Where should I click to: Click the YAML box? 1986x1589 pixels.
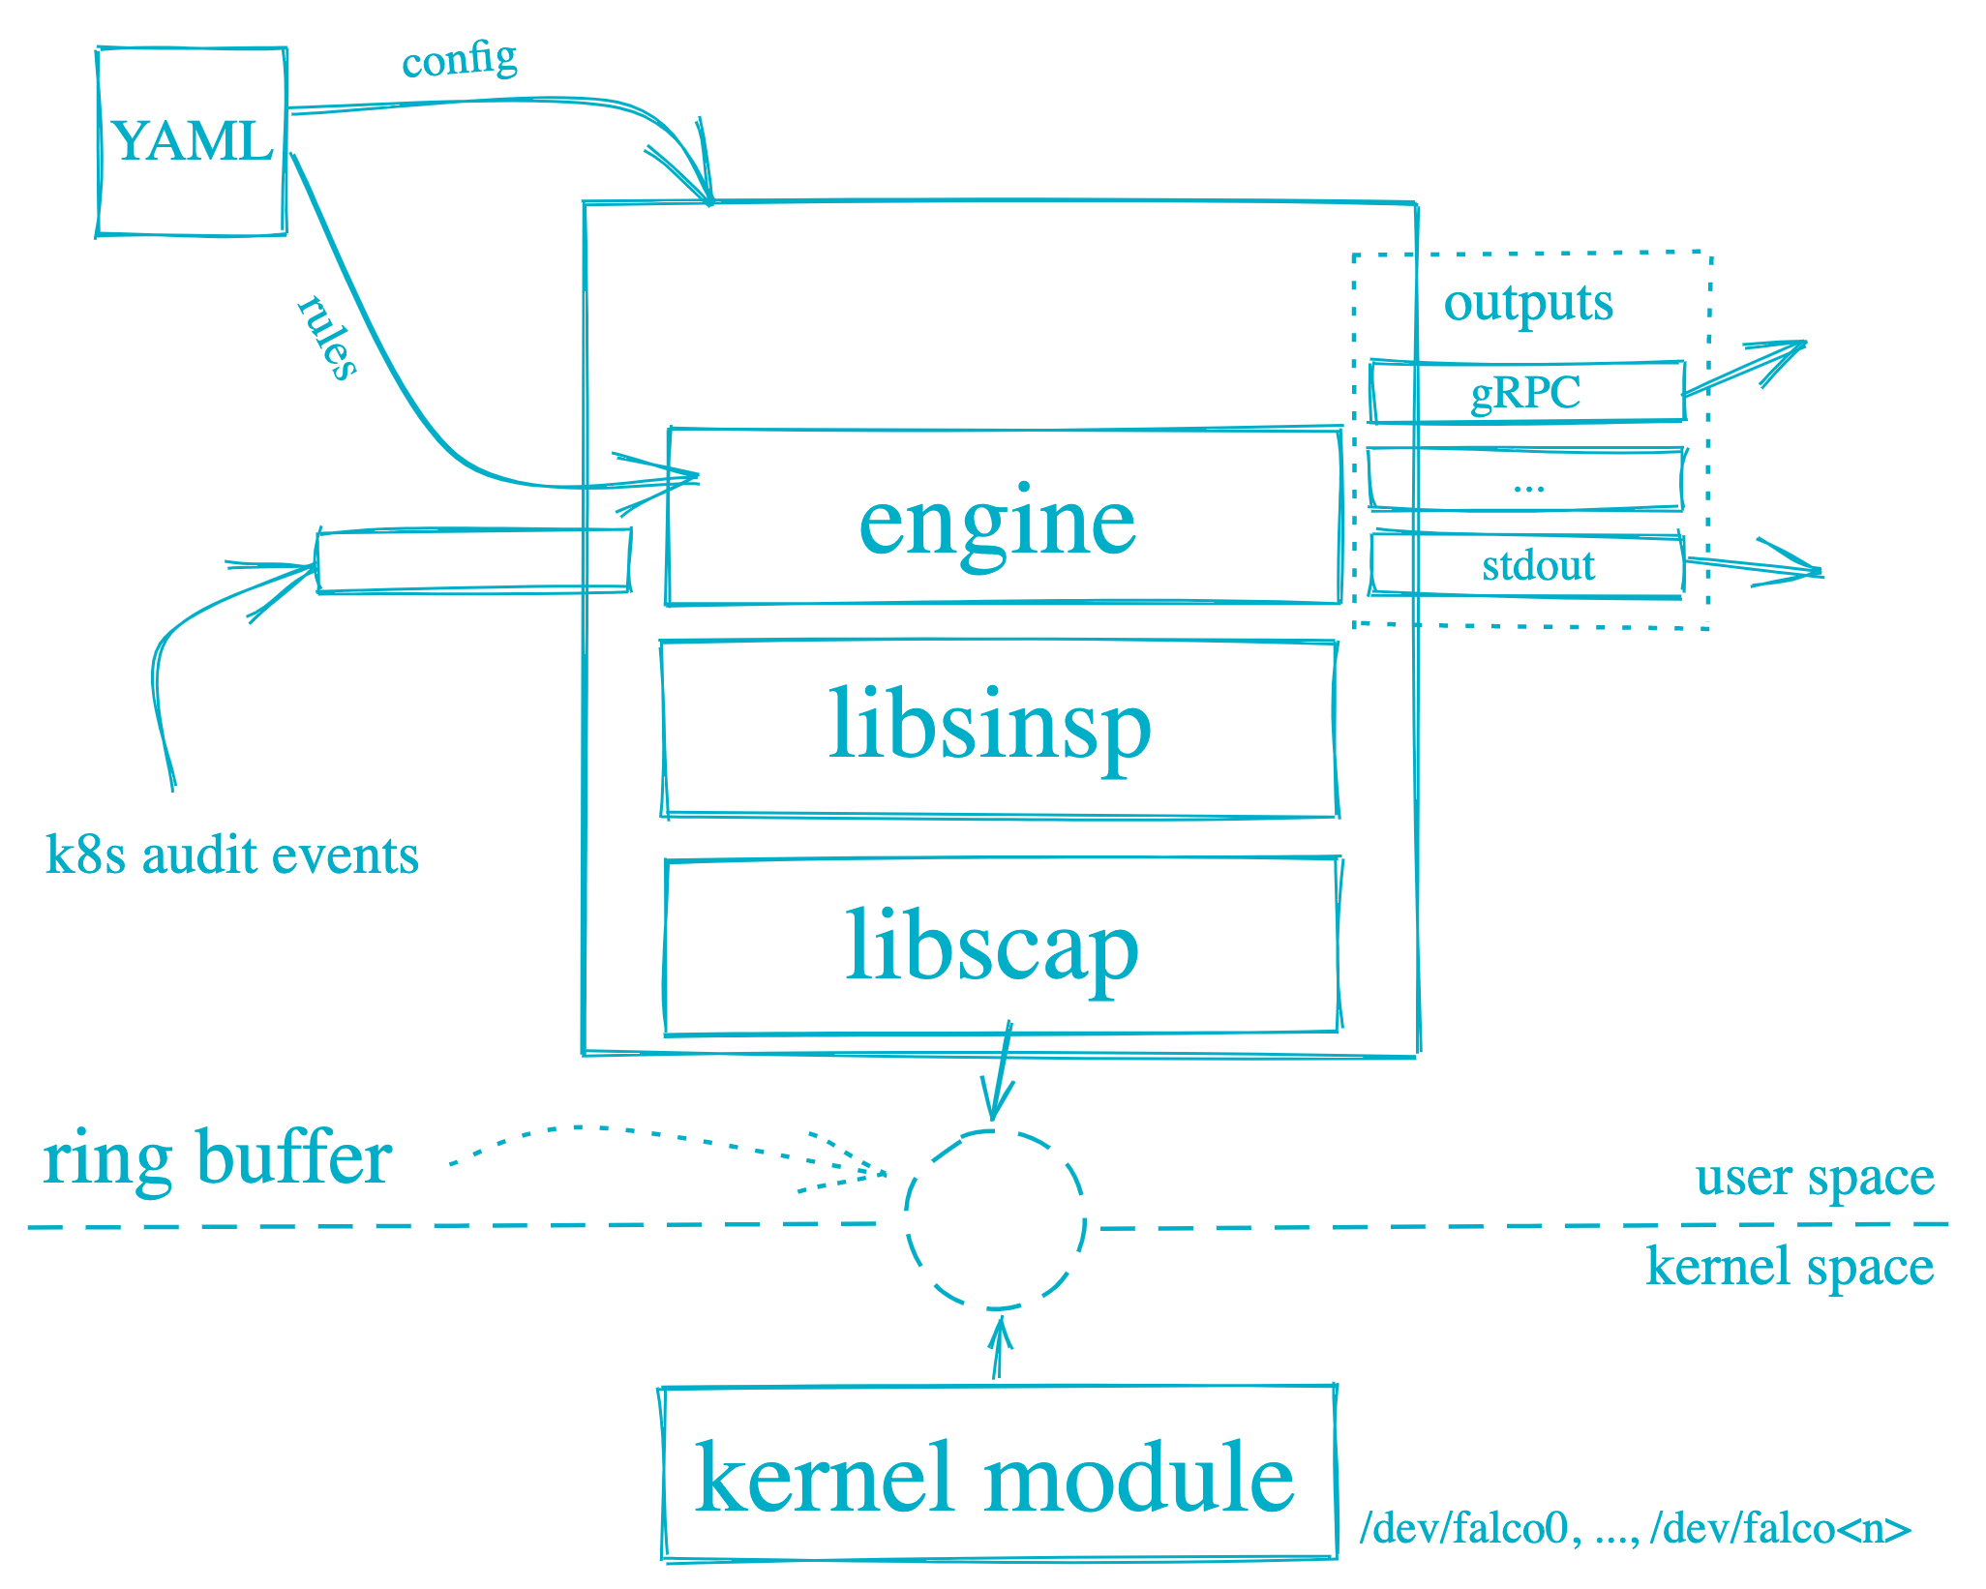pyautogui.click(x=192, y=141)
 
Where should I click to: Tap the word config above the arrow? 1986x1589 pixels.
pyautogui.click(x=460, y=60)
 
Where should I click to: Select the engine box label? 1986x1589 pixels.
pyautogui.click(x=997, y=523)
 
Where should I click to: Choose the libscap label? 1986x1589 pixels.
pyautogui.click(x=992, y=946)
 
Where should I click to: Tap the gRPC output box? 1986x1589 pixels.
pyautogui.click(x=1526, y=392)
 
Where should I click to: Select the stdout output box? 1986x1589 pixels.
pyautogui.click(x=1527, y=565)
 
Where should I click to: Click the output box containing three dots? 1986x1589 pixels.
pyautogui.click(x=1527, y=480)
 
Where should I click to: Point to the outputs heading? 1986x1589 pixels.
pyautogui.click(x=1528, y=303)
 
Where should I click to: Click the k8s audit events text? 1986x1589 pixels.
pyautogui.click(x=232, y=855)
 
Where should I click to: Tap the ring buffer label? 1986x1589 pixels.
pyautogui.click(x=218, y=1158)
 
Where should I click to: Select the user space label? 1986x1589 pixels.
pyautogui.click(x=1815, y=1178)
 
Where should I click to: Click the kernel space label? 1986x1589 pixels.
pyautogui.click(x=1790, y=1267)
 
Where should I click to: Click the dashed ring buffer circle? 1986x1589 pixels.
pyautogui.click(x=995, y=1218)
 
